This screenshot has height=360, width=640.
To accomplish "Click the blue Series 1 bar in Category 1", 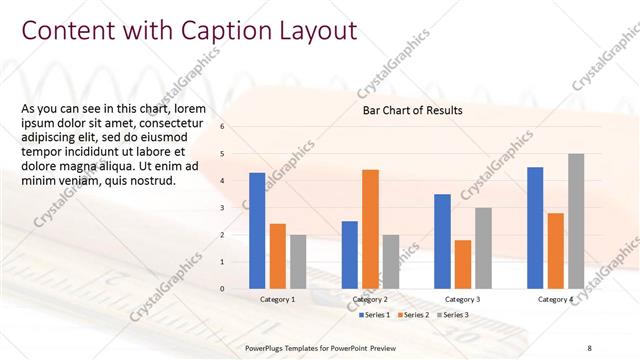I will [257, 231].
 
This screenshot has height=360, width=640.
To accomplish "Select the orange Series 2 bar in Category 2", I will [370, 229].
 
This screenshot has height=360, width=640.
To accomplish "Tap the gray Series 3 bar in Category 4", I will [575, 221].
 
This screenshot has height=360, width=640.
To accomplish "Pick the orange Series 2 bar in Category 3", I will [462, 264].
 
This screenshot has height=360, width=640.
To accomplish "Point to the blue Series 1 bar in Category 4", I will [535, 228].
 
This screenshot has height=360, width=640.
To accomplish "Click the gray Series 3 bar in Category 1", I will [298, 262].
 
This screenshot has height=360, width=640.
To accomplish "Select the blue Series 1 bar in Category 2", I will [349, 255].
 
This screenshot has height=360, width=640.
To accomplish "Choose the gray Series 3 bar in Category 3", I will [483, 248].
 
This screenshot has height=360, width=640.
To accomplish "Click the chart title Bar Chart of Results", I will [412, 110].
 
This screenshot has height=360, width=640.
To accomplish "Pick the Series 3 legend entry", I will [452, 315].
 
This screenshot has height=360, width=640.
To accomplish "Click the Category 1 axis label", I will [277, 299].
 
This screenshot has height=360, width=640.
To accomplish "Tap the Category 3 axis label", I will [462, 299].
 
